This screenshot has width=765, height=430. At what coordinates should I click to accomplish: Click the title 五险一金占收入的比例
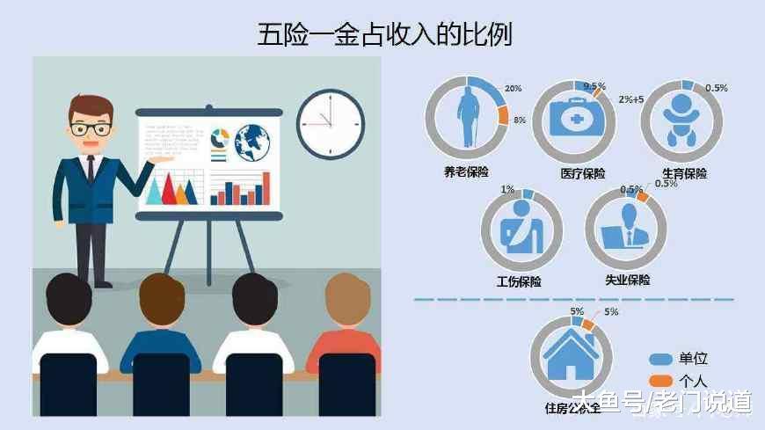383,34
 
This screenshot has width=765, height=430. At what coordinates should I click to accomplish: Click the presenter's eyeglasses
91,128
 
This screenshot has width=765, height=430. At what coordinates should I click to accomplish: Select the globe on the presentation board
251,138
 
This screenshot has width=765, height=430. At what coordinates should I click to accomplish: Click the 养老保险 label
466,172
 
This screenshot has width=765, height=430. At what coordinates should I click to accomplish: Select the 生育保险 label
684,173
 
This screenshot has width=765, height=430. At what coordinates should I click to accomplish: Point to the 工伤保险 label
520,282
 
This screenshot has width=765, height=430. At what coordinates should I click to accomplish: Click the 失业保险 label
628,281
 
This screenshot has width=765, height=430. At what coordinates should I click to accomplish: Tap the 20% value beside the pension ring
513,89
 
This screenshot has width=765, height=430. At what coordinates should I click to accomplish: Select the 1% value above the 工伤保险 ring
507,189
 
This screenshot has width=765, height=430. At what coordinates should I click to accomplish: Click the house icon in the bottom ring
571,357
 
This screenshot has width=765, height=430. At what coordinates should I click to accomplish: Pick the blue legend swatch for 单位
661,359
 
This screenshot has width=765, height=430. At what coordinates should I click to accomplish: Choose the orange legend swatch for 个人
661,380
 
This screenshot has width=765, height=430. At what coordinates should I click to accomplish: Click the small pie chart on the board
220,138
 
